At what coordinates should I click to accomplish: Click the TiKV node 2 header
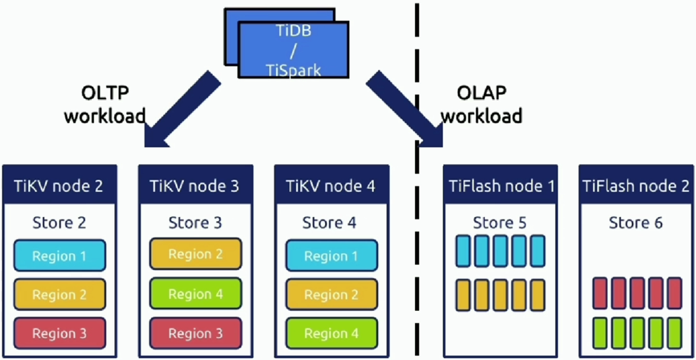click(59, 185)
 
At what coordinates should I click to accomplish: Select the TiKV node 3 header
click(196, 185)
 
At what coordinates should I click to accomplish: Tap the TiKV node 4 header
click(331, 185)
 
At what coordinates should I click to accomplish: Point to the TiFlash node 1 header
click(500, 185)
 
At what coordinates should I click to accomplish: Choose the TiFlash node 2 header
click(637, 185)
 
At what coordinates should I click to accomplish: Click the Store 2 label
click(59, 222)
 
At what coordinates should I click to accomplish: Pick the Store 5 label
click(500, 222)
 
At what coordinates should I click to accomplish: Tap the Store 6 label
click(635, 222)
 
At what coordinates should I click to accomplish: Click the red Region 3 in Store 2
click(59, 333)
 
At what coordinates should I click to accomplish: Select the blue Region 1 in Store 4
click(331, 256)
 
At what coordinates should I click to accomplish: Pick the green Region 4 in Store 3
click(196, 294)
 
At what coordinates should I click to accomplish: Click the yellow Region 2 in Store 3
click(196, 254)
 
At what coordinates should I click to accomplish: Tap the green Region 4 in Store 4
click(331, 333)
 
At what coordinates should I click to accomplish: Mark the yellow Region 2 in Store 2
click(59, 295)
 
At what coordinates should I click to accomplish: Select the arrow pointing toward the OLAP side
click(405, 110)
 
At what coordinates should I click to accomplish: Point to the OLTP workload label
click(104, 104)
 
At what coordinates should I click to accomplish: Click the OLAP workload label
click(482, 104)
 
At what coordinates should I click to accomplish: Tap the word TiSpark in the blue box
click(293, 70)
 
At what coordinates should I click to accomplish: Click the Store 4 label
click(329, 222)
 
